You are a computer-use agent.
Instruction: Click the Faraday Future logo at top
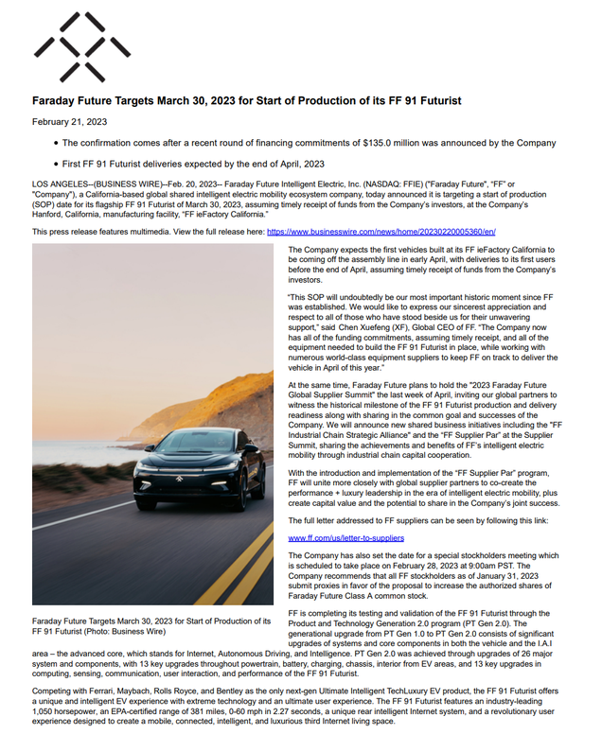click(82, 46)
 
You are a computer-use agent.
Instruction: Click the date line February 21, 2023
click(69, 121)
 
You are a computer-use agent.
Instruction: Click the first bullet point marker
click(56, 144)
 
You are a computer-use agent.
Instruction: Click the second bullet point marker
click(56, 164)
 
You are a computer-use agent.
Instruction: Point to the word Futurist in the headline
click(433, 100)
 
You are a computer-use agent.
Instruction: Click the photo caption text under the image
click(151, 625)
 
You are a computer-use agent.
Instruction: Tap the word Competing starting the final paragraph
click(53, 691)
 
